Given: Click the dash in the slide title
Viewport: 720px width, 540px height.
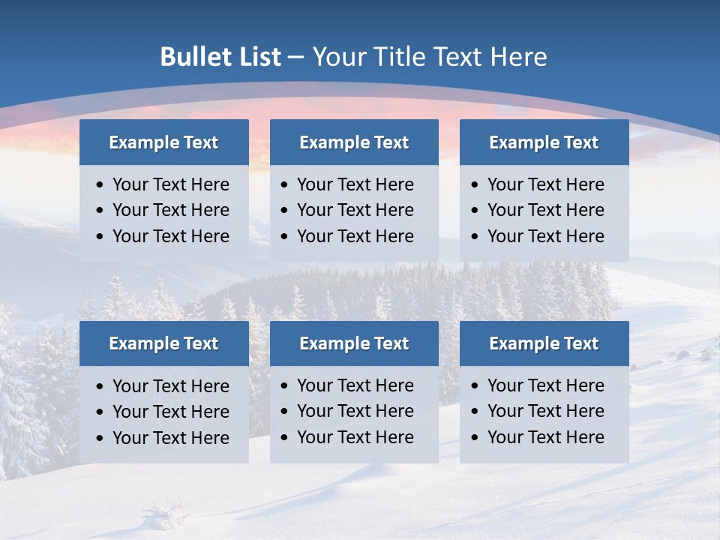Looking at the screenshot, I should (x=297, y=58).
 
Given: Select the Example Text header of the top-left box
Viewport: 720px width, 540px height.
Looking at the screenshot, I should (x=163, y=142).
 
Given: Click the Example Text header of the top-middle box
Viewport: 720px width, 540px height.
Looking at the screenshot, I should (x=354, y=142).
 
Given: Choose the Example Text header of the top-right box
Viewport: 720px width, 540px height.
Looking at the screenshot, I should (x=544, y=142).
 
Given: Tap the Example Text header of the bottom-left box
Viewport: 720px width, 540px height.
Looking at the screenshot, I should (x=163, y=343).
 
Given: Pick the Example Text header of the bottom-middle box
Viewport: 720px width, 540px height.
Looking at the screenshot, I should (x=354, y=343).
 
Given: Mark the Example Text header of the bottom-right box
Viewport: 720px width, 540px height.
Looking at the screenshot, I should (x=544, y=343).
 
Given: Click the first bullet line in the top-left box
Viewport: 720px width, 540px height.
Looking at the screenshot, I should (x=170, y=184).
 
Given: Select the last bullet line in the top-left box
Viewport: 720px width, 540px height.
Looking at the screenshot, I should (x=170, y=236).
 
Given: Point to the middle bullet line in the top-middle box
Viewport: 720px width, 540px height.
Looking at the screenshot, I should (x=355, y=210).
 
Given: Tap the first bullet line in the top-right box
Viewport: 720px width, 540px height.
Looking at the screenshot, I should (x=545, y=184).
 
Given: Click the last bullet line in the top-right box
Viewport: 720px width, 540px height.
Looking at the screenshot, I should (x=545, y=236).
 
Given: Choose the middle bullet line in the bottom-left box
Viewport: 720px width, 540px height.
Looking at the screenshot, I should (x=170, y=412).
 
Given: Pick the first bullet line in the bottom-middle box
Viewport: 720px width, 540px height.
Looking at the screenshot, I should (x=355, y=385).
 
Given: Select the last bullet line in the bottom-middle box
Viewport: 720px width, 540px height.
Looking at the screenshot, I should (x=355, y=437).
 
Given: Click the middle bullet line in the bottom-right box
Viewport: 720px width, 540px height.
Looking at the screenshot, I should (x=545, y=411).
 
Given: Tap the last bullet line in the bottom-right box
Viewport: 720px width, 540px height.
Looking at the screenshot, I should (x=545, y=437).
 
